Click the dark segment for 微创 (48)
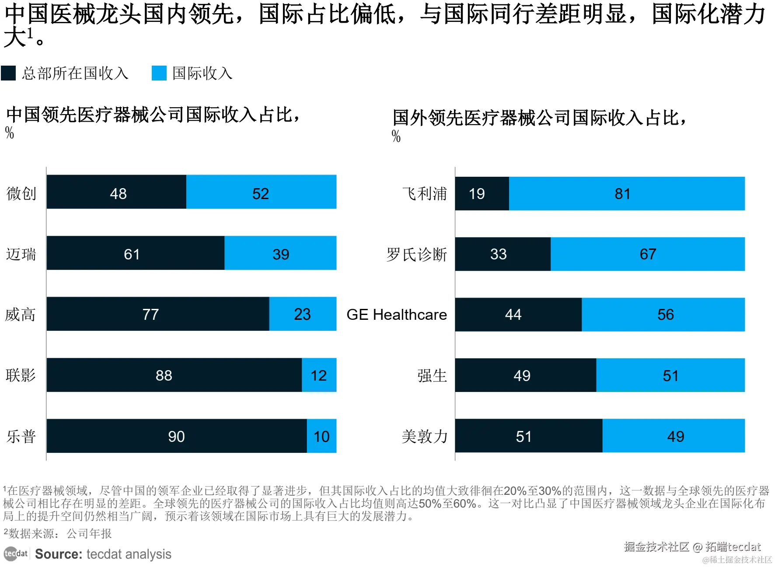(116, 192)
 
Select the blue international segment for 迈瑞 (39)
(280, 253)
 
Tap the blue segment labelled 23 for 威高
(303, 314)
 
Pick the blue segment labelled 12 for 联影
(319, 375)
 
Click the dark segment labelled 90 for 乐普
(177, 436)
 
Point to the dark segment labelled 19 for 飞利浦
(482, 193)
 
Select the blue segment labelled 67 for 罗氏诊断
(647, 254)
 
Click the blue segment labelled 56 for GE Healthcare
(663, 315)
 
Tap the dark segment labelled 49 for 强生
(525, 375)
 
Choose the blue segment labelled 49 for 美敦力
(674, 436)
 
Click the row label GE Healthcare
(396, 315)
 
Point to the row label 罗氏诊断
(416, 254)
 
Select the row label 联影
(21, 375)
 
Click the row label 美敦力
(424, 436)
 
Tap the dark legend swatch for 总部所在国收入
(8, 73)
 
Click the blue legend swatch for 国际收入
(159, 73)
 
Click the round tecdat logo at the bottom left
(10, 554)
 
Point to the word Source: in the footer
(59, 554)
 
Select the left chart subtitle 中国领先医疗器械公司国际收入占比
(153, 115)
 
